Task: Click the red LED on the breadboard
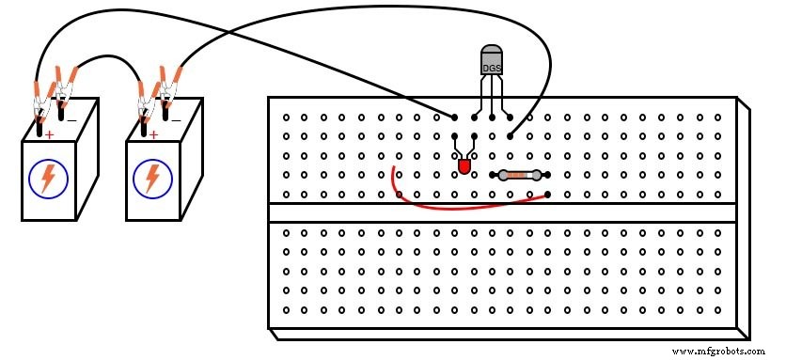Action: tap(464, 166)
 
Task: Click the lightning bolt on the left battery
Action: tap(47, 179)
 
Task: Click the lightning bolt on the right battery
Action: tap(151, 179)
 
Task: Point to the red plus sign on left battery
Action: tap(48, 135)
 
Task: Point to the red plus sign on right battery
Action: tap(152, 135)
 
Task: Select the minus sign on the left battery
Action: tap(72, 120)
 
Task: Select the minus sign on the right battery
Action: tap(176, 120)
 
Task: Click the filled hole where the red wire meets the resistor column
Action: tap(547, 194)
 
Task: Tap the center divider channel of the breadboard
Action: tap(502, 212)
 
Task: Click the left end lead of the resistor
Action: tap(494, 175)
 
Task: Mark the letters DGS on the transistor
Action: tap(491, 68)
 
